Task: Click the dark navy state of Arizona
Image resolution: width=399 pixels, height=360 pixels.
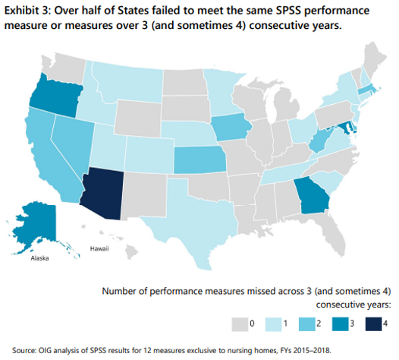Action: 108,185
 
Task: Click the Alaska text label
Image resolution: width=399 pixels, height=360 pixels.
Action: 39,258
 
